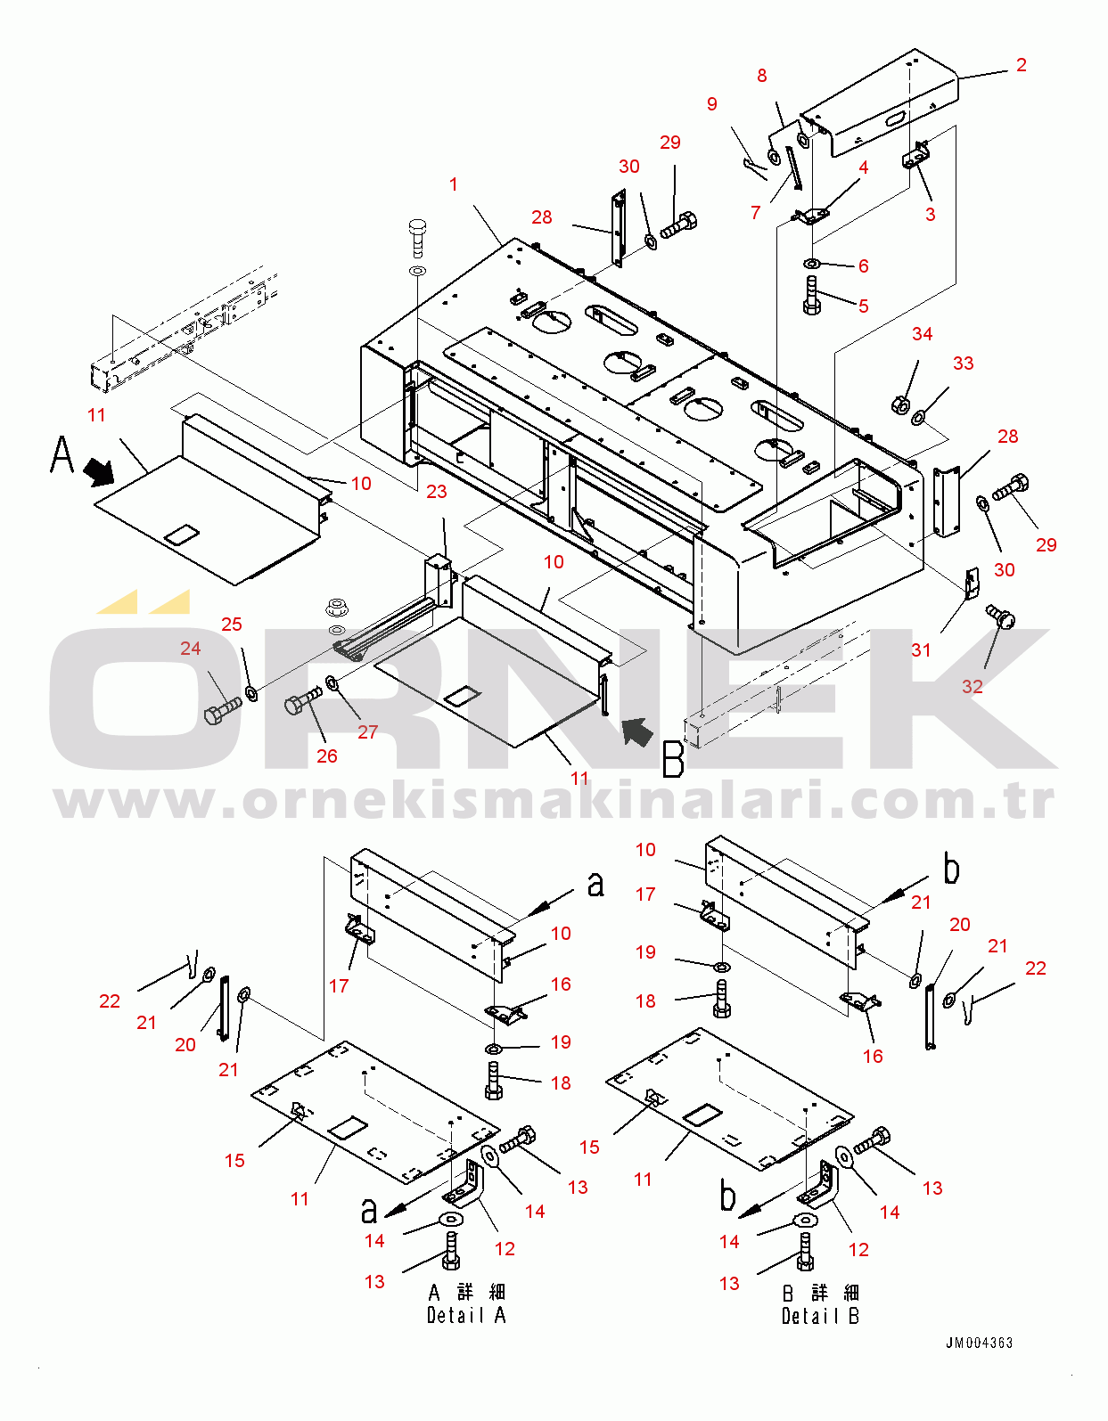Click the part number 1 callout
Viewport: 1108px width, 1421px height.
coord(454,184)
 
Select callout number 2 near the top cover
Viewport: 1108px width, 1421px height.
coord(1022,65)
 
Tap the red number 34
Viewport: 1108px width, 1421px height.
coord(922,334)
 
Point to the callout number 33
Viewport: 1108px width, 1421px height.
coord(963,363)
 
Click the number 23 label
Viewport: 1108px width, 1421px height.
coord(437,492)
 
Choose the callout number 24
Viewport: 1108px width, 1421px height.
coord(191,649)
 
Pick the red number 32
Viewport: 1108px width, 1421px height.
coord(973,687)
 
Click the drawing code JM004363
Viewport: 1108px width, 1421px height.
coord(979,1343)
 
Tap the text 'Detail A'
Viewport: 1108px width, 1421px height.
coord(466,1316)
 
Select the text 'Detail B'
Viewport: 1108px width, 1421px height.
coord(820,1317)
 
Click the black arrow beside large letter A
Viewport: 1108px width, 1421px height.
coord(99,471)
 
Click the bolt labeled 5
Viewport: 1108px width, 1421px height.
coord(811,296)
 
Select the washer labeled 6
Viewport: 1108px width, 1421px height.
coord(812,264)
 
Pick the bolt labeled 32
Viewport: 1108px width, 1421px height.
coord(1000,616)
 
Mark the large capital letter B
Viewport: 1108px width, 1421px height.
coord(673,759)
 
